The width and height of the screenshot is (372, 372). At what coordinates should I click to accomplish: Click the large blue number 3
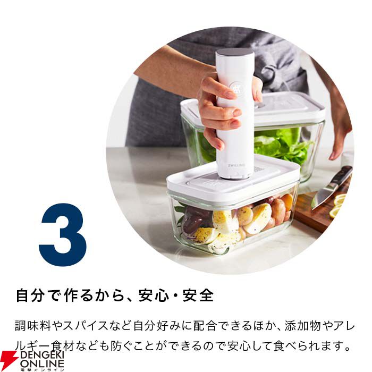pyautogui.click(x=63, y=235)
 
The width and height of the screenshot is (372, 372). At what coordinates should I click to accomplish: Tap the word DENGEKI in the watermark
pyautogui.click(x=42, y=355)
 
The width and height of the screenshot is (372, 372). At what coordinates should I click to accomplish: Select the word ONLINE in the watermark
pyautogui.click(x=42, y=363)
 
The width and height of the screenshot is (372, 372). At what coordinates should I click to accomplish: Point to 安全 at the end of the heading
pyautogui.click(x=198, y=295)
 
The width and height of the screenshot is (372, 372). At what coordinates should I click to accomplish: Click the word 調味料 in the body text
pyautogui.click(x=33, y=326)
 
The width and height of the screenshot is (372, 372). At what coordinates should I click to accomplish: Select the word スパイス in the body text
pyautogui.click(x=86, y=326)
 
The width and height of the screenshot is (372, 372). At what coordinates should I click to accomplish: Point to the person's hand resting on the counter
pyautogui.click(x=338, y=135)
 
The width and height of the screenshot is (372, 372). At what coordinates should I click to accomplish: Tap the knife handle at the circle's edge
pyautogui.click(x=342, y=175)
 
